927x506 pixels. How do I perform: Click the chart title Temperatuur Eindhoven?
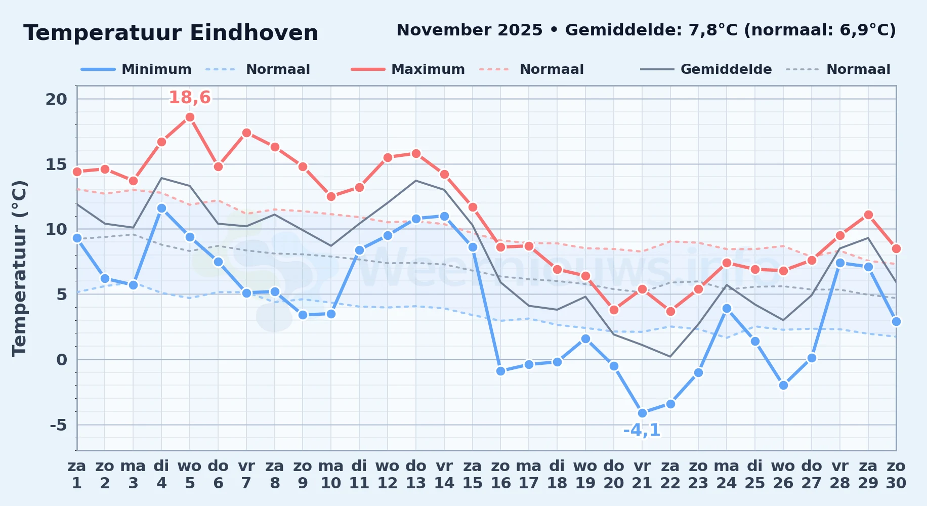point(171,33)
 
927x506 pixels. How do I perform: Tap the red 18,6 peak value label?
point(190,97)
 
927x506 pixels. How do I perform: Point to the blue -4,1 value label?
point(642,430)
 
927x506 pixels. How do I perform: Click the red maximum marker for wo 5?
point(190,117)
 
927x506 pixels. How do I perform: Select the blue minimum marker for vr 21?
point(642,413)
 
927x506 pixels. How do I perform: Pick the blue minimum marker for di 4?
point(161,208)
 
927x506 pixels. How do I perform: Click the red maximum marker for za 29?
point(868,215)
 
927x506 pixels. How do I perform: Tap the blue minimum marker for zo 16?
point(501,371)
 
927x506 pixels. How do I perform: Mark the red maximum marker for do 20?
point(614,310)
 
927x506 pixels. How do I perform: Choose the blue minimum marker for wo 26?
point(783,385)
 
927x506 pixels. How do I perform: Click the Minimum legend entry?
point(136,69)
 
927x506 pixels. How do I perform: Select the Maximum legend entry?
point(408,69)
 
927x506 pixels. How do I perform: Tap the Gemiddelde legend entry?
point(706,69)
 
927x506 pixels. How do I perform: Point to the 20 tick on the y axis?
point(56,99)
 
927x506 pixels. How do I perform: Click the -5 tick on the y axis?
point(59,425)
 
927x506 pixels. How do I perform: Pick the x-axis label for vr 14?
point(444,475)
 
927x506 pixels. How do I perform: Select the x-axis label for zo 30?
point(896,475)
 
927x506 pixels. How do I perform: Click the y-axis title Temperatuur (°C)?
point(19,268)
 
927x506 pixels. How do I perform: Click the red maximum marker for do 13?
point(416,153)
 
